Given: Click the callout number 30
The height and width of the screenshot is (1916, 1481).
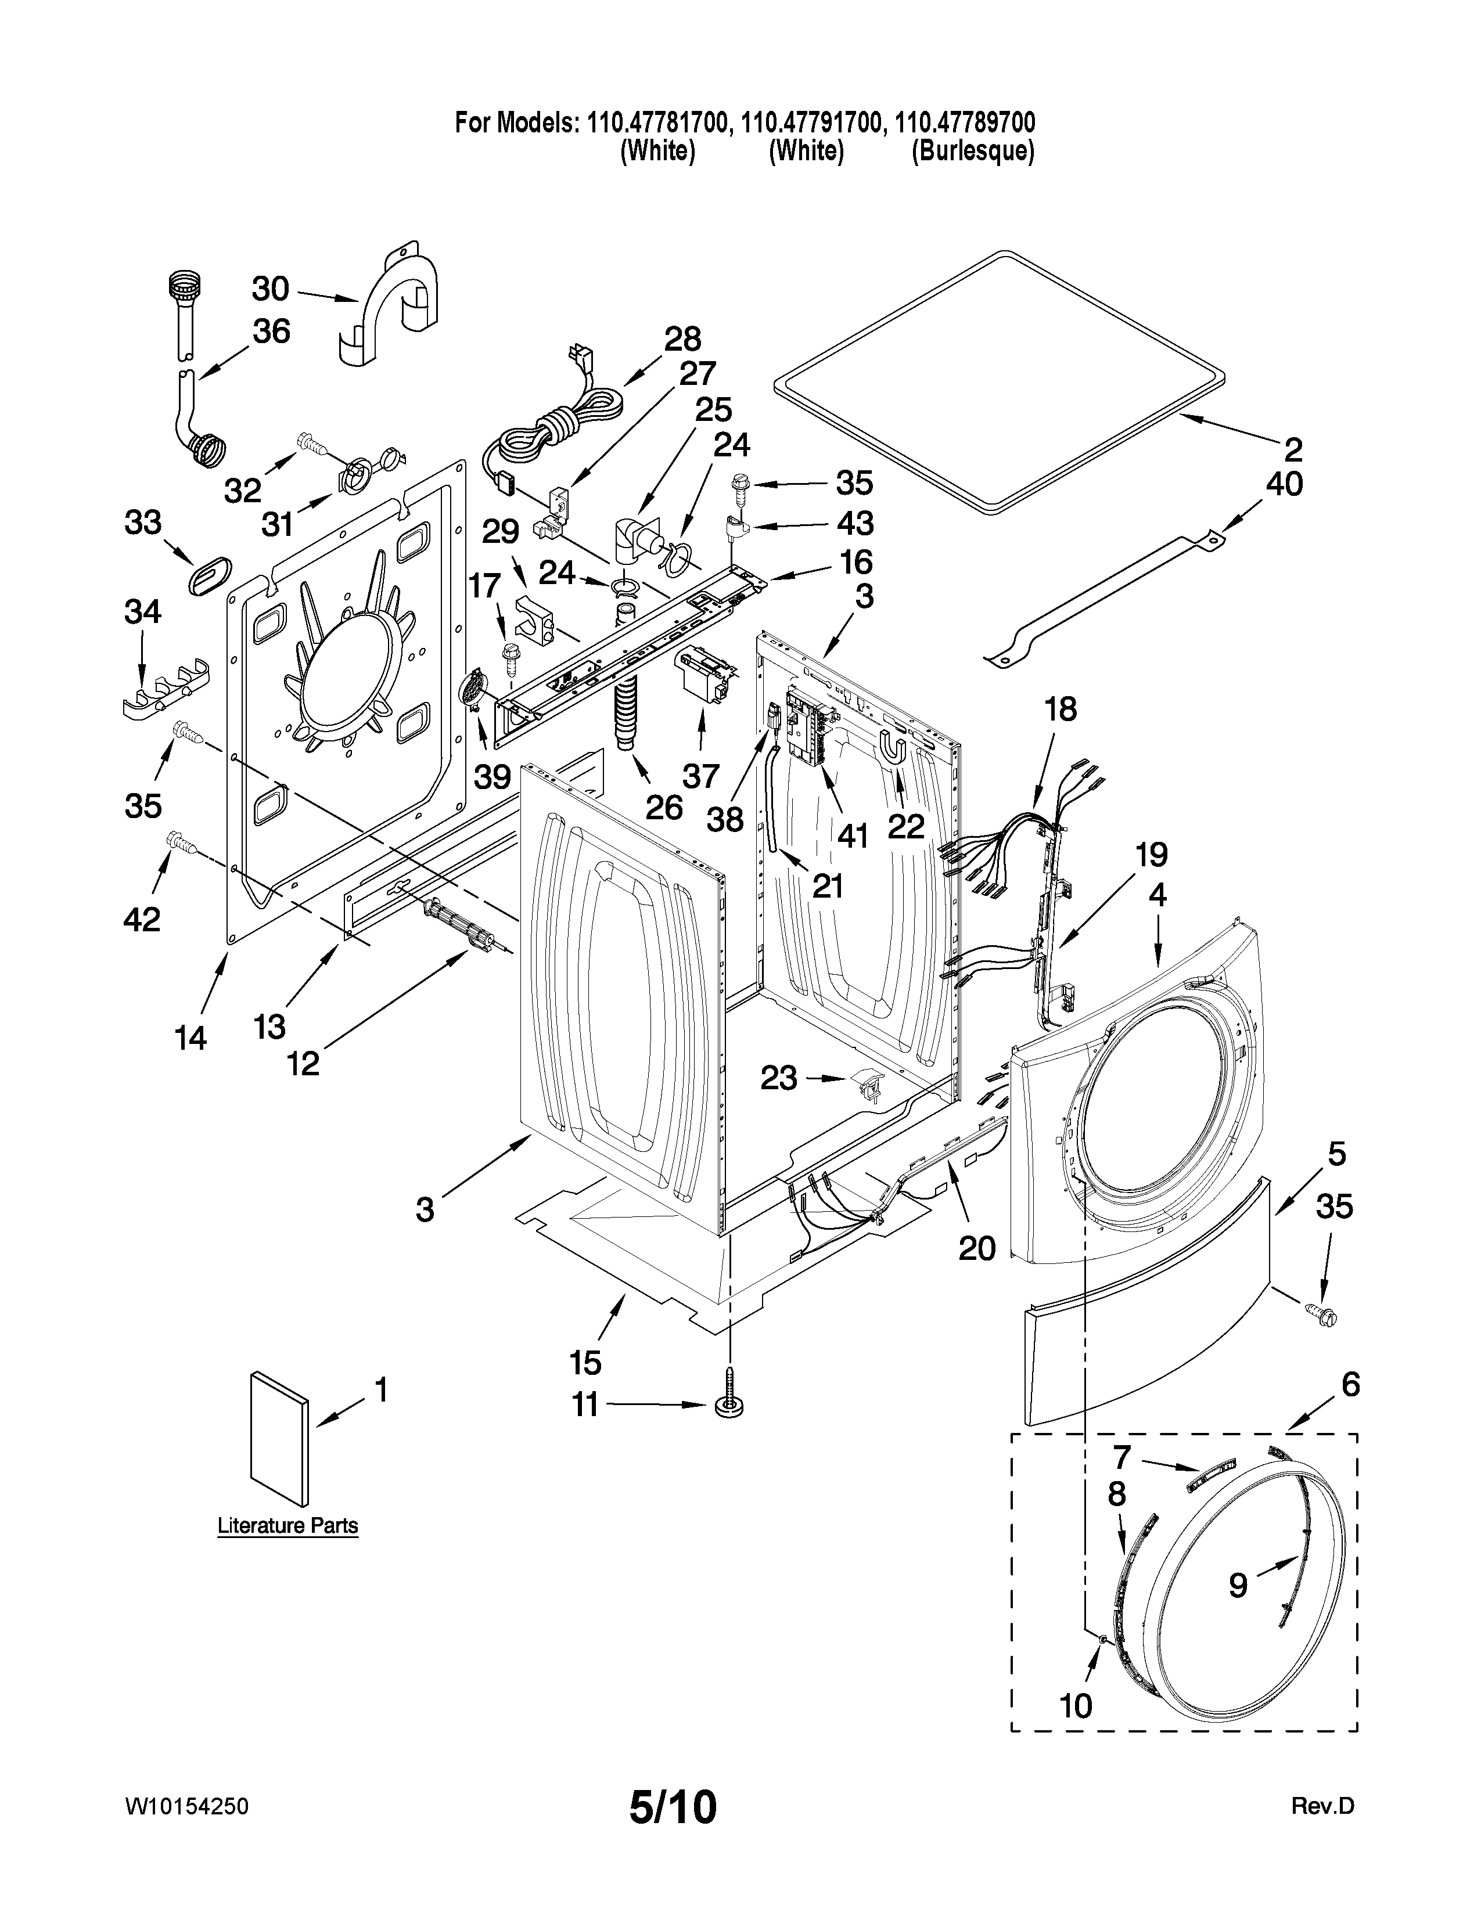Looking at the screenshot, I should (270, 289).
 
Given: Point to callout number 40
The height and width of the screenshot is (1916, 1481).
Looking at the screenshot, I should (1285, 484).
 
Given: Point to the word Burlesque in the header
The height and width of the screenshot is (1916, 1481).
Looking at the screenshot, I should (972, 152).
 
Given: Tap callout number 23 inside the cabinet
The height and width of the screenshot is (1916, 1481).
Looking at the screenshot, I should (778, 1078).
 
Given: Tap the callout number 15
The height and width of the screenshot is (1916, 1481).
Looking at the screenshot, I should (585, 1363).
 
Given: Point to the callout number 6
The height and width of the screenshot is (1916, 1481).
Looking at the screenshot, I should (1350, 1384).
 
